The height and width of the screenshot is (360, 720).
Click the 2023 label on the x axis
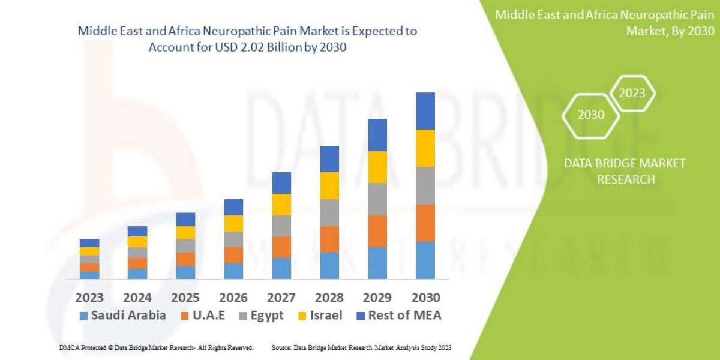pos(89,297)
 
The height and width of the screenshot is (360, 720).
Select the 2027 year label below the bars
pos(281,297)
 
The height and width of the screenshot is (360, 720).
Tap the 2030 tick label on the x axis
pos(425,297)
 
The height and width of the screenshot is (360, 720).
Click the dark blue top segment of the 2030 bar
pos(425,111)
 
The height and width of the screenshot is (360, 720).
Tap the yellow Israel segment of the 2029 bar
pos(377,167)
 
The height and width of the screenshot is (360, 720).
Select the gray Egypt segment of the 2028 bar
pos(329,212)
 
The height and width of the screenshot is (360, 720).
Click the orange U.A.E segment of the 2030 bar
pos(425,223)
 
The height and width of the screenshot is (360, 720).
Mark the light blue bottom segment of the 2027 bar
pos(281,268)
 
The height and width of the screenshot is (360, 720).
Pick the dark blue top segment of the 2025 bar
pos(185,219)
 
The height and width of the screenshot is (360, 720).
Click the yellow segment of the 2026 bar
pos(233,223)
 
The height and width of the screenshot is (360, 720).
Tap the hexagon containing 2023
pos(632,93)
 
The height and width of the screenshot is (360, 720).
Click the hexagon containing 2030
pos(591,115)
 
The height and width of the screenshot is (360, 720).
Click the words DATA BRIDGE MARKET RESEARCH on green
pos(625,171)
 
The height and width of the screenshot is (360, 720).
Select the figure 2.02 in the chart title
pos(260,48)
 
